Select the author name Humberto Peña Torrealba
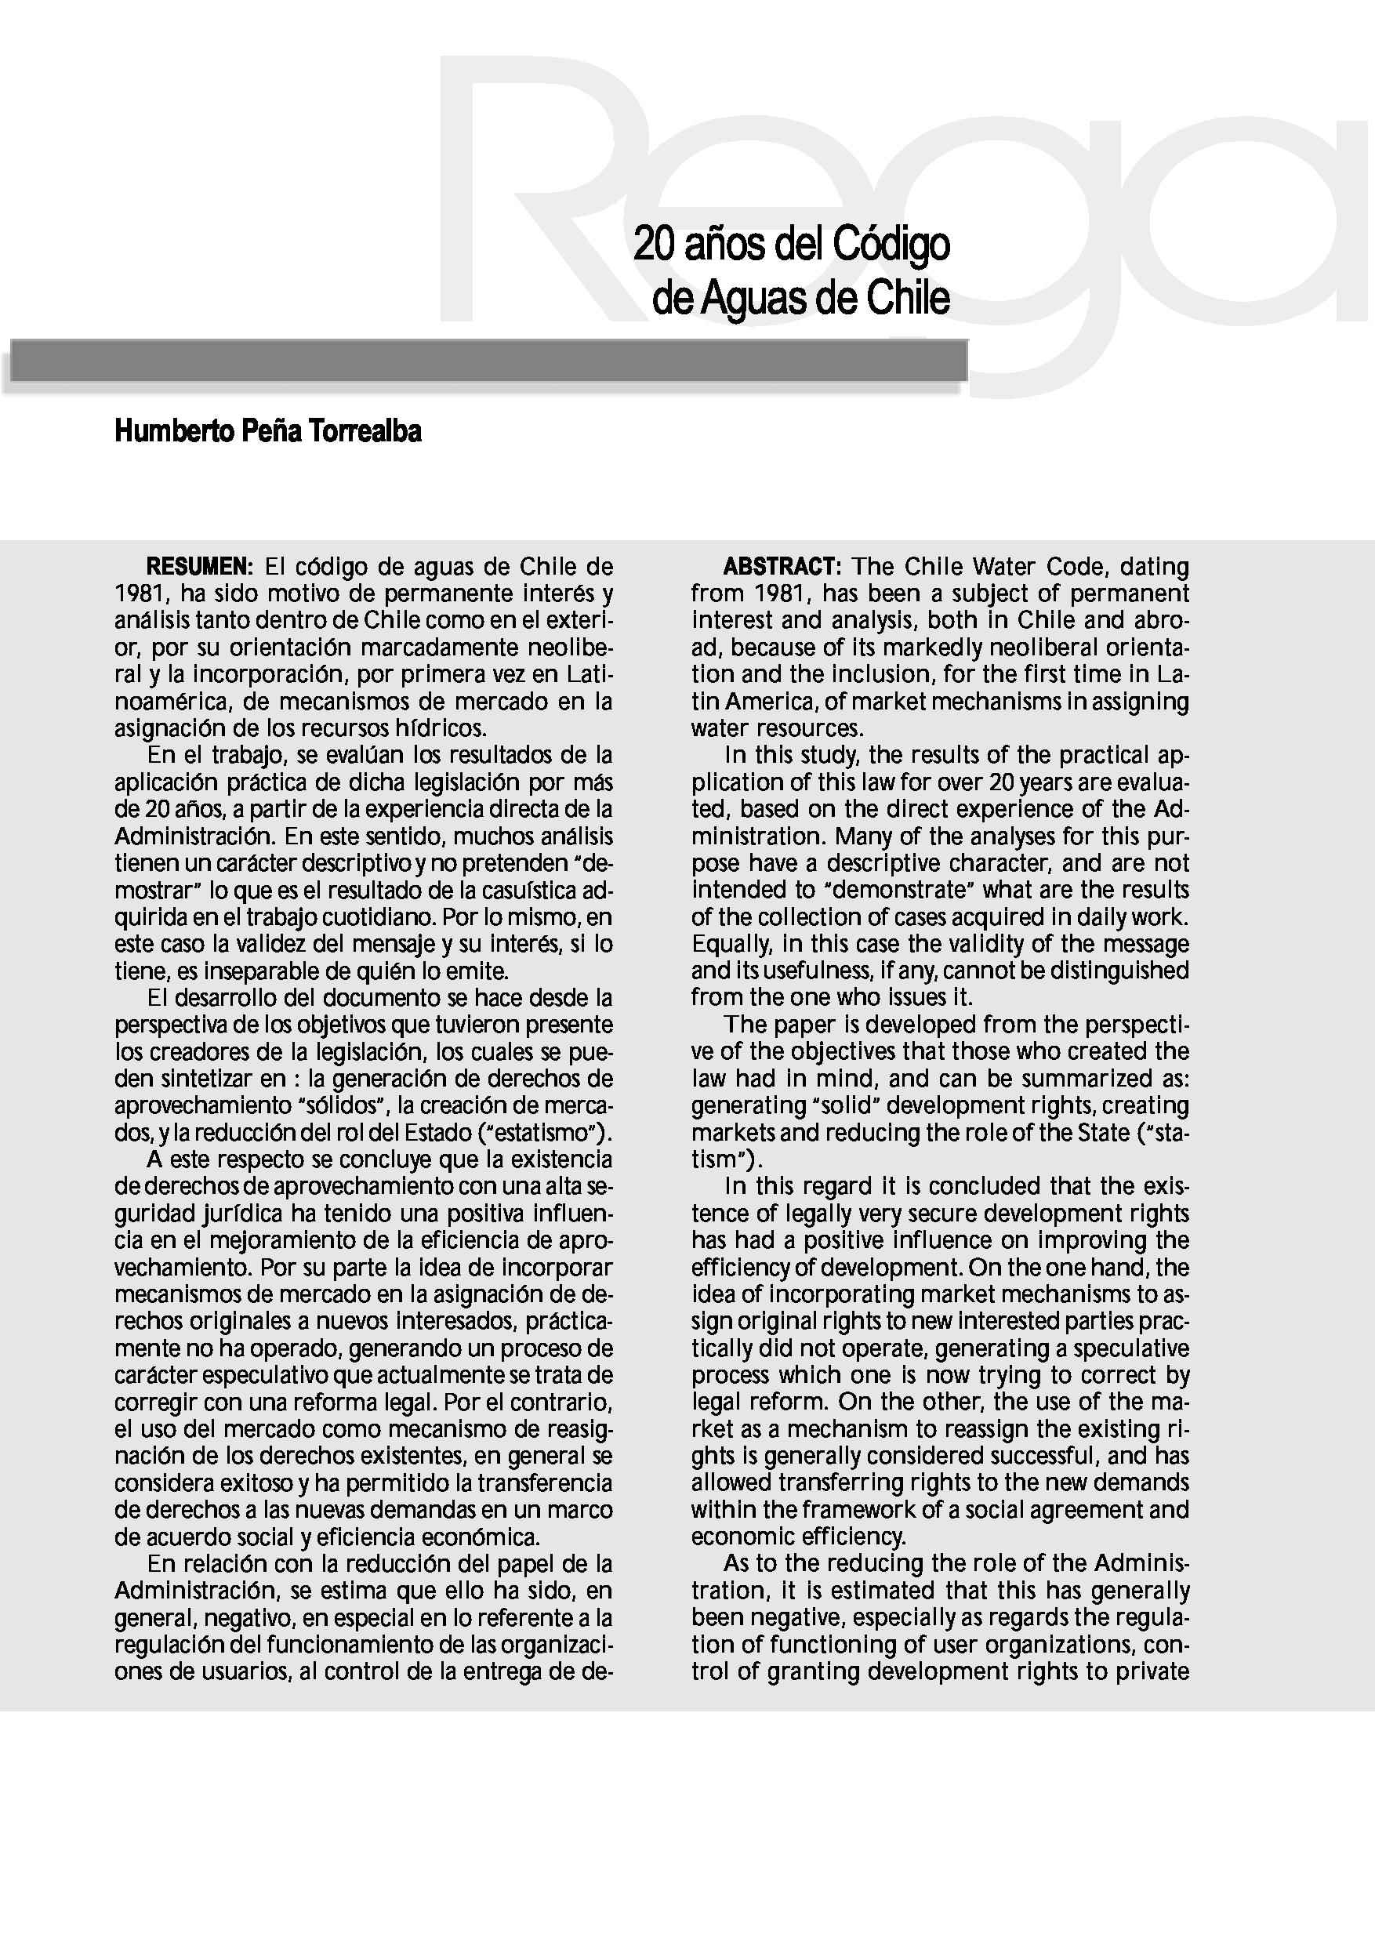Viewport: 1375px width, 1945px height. (x=268, y=432)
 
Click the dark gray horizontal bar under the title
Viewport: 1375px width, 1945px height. (x=487, y=361)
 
